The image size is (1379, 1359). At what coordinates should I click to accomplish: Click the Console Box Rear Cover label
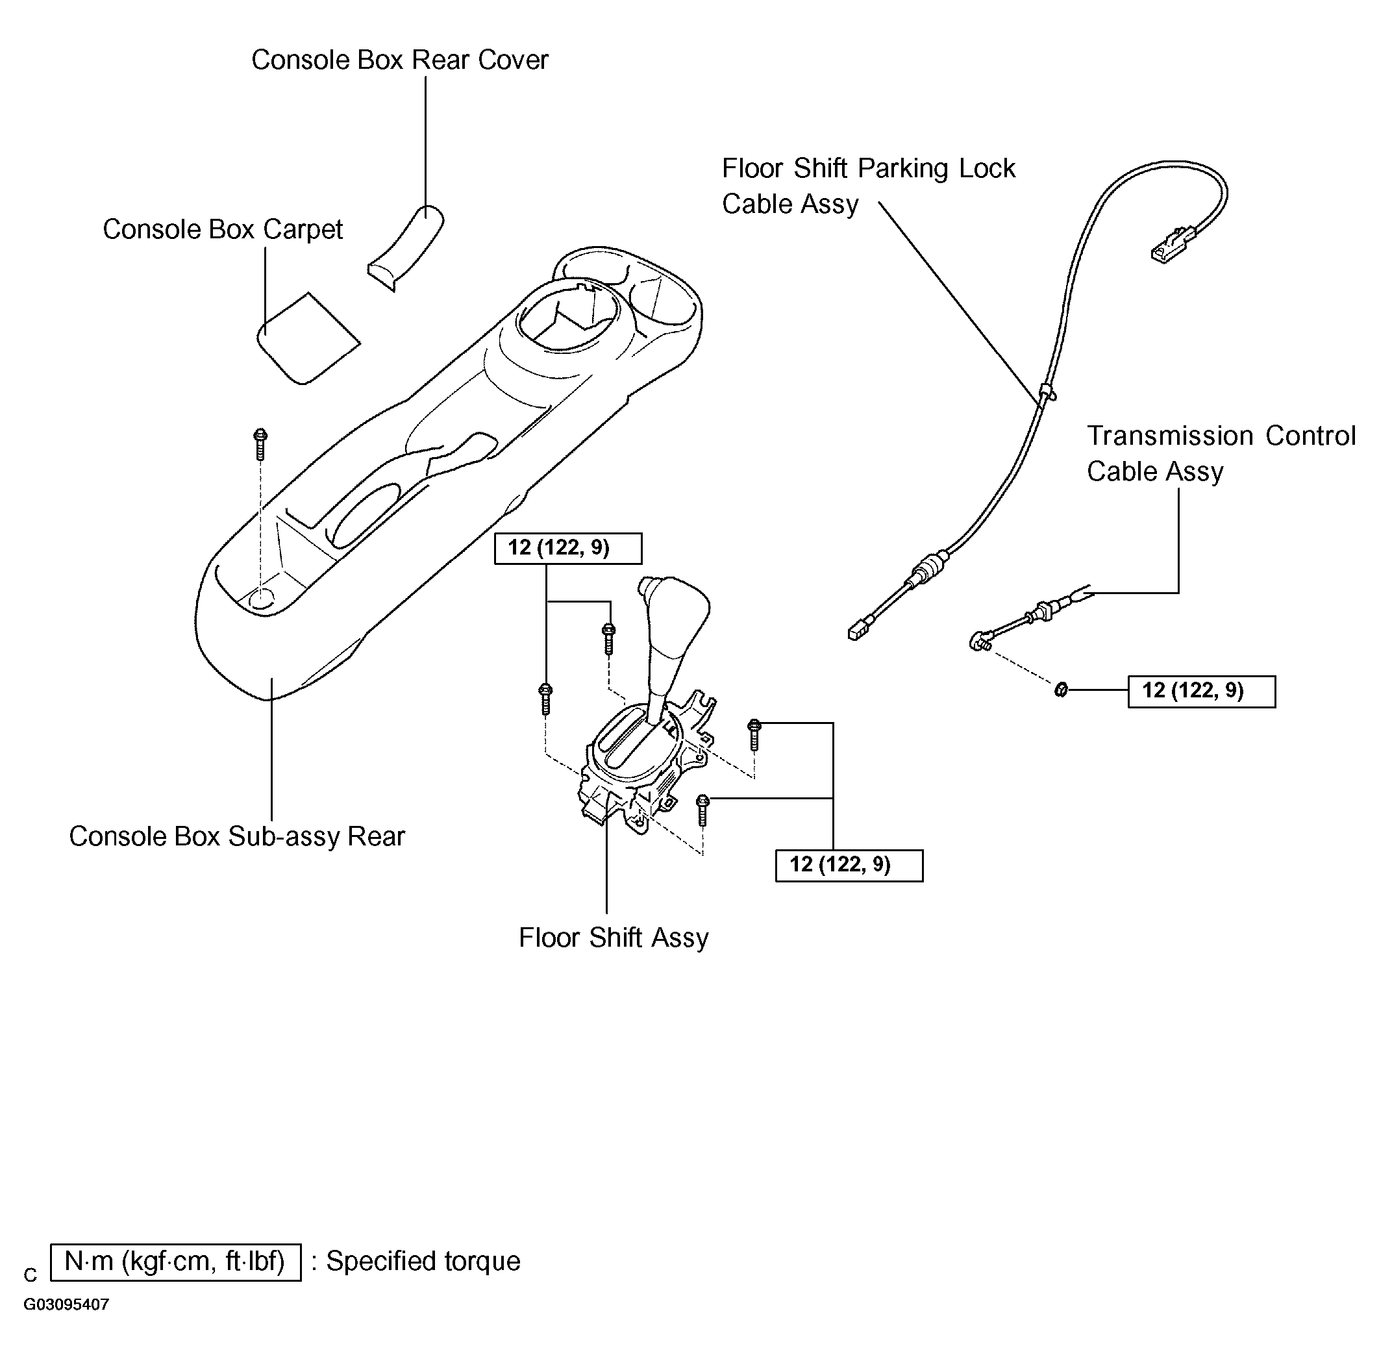[x=400, y=60]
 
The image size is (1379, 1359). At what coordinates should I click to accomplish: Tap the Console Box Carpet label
[x=223, y=230]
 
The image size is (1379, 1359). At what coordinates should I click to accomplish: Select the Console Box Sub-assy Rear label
[x=237, y=836]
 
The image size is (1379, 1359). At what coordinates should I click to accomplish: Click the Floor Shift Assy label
[x=614, y=938]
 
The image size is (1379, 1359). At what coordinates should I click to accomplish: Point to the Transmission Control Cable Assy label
[x=1221, y=453]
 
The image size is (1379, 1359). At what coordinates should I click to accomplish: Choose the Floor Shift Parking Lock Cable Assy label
[x=869, y=186]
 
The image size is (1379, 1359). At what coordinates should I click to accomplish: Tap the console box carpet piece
[x=308, y=338]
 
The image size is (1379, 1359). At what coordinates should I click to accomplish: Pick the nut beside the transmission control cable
[x=1061, y=690]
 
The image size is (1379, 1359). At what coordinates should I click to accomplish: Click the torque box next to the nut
[x=1201, y=691]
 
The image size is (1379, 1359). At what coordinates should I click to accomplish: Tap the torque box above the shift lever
[x=568, y=548]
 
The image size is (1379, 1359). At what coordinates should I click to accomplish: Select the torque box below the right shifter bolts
[x=849, y=865]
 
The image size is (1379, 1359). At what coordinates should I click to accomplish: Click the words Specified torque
[x=423, y=1261]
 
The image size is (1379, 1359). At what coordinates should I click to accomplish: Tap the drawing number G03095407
[x=66, y=1304]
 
